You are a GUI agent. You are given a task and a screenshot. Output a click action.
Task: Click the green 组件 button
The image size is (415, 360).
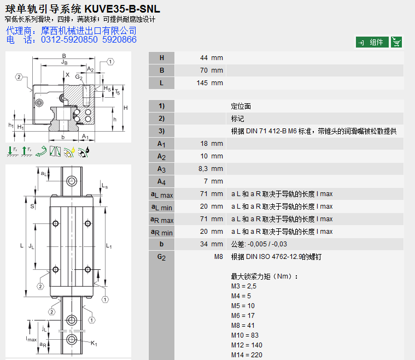[x=372, y=42]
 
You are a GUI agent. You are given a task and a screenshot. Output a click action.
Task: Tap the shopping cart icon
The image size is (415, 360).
[x=396, y=42]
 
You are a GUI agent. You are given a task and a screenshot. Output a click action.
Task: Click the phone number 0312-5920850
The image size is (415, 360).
[x=69, y=39]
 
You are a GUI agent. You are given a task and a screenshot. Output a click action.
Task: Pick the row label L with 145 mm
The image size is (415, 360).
[x=161, y=83]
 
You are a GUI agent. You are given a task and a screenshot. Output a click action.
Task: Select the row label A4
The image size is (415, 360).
[x=161, y=181]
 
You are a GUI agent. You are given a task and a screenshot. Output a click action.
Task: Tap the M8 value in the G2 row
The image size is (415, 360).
[x=218, y=257]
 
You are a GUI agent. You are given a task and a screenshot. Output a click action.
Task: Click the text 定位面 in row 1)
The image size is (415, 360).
[x=241, y=106]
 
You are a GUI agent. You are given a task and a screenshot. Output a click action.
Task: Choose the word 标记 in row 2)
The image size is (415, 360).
[x=238, y=119]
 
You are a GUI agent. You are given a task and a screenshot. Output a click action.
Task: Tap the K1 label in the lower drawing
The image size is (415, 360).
[x=94, y=343]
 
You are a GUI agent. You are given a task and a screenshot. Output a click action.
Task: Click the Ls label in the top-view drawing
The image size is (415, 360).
[x=104, y=186]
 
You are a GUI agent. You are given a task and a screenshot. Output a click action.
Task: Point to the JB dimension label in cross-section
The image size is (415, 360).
[x=65, y=63]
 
